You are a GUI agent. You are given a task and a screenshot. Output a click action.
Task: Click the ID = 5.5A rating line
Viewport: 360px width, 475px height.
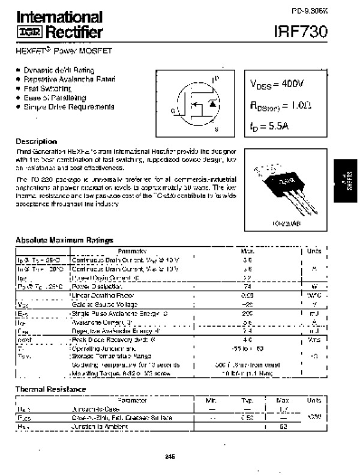270,126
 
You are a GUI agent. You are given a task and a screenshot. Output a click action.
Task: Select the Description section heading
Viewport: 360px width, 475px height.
36,141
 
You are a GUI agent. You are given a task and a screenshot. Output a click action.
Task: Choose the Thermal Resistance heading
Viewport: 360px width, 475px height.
50,389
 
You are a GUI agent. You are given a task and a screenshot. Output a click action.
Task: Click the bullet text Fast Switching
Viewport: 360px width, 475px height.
47,88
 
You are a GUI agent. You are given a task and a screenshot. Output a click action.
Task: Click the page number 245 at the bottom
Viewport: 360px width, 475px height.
170,457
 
